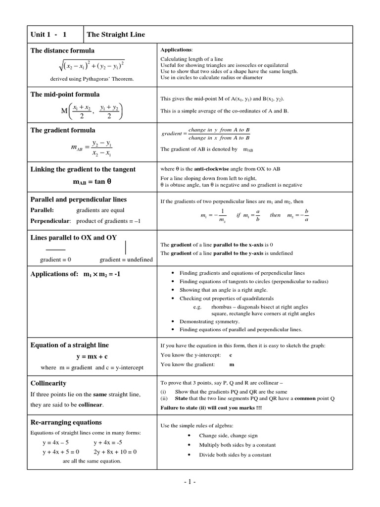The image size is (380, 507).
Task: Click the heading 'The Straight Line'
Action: tap(116, 34)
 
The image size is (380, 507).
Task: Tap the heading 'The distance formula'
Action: tap(62, 51)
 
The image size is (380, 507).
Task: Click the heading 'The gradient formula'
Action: tap(63, 130)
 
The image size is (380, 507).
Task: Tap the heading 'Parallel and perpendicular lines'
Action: tap(79, 200)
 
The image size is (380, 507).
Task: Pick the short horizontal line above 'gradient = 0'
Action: tap(55, 249)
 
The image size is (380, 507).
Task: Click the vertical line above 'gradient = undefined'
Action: tap(126, 247)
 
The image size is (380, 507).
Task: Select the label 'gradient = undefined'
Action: tap(126, 259)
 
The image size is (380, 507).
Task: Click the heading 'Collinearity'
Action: tap(48, 383)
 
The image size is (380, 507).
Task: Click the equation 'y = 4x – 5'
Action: tap(55, 443)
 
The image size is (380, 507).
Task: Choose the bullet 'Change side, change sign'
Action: tap(228, 436)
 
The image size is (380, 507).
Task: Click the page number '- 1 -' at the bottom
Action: tap(190, 482)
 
